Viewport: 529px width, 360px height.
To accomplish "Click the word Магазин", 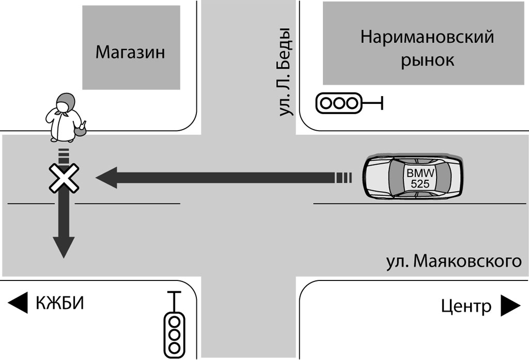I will (x=130, y=52).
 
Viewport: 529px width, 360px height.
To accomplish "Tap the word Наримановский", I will (x=427, y=37).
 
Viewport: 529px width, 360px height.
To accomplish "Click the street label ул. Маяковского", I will (x=454, y=261).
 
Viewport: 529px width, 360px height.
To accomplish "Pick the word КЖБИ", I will (x=59, y=303).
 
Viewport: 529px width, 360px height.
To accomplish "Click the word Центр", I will (x=466, y=306).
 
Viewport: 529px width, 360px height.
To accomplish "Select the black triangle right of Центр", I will (x=510, y=306).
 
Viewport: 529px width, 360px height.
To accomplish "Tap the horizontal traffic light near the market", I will (x=338, y=103).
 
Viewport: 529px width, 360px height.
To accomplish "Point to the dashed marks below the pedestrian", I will (x=64, y=153).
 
